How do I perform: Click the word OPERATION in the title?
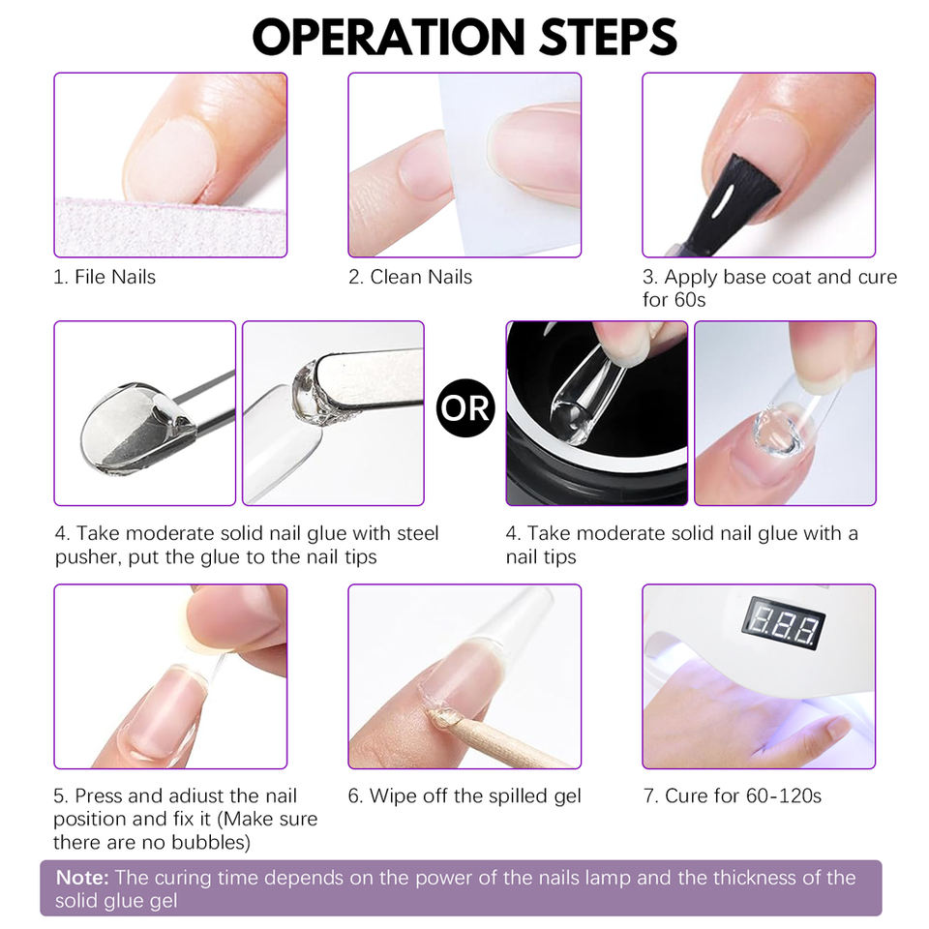(389, 37)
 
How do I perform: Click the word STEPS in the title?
(608, 37)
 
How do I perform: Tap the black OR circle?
(465, 407)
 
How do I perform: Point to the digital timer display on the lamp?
(784, 622)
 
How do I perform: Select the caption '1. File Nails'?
(105, 277)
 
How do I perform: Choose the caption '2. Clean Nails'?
(410, 277)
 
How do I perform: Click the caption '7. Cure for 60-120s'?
(733, 795)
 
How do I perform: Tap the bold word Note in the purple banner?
(82, 878)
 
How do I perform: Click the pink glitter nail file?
(170, 228)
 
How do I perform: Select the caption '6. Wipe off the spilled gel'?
(464, 795)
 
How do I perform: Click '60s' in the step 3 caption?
(690, 300)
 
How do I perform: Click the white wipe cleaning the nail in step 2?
(510, 165)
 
